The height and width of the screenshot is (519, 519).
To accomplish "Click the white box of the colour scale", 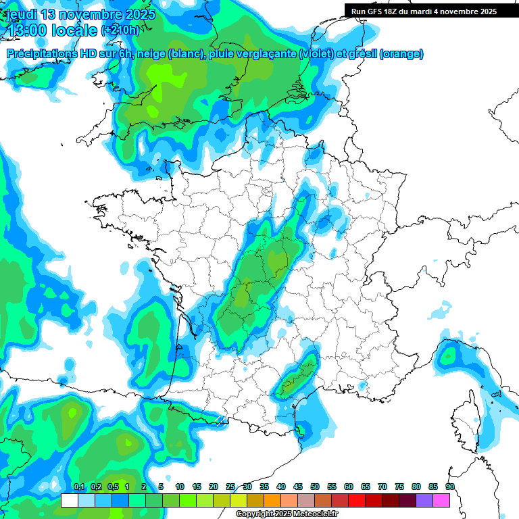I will (69, 501).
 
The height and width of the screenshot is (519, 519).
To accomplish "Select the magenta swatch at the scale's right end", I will (442, 501).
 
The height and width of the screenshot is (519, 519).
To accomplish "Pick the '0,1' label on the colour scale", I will (78, 487).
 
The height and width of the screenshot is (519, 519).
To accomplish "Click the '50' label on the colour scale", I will (315, 487).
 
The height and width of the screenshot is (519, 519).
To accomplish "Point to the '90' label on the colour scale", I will (449, 487).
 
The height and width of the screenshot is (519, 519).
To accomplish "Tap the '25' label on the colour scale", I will (230, 487).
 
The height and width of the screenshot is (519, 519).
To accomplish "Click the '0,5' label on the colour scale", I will (112, 487).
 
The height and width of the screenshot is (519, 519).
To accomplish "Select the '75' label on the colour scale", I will (399, 487).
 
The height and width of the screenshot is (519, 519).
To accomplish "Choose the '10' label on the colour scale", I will (180, 487).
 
